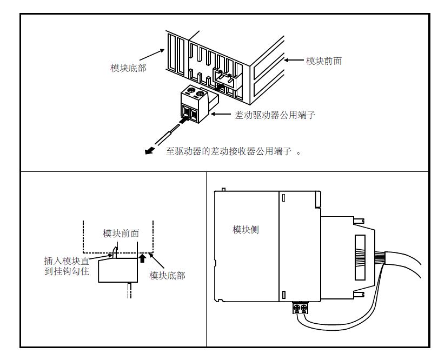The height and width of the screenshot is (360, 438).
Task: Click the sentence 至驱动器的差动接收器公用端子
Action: point(230,152)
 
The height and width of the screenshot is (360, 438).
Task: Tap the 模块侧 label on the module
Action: point(245,230)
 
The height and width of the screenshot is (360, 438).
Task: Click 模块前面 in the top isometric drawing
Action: point(324,61)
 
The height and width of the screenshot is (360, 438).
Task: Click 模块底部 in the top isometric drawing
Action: point(128,68)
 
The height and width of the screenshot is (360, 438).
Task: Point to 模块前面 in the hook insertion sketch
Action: point(121,234)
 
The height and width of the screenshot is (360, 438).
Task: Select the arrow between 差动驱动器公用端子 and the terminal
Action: point(221,115)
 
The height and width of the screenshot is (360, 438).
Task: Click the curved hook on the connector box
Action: point(115,251)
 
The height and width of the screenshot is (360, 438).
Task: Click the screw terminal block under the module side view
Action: point(300,308)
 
